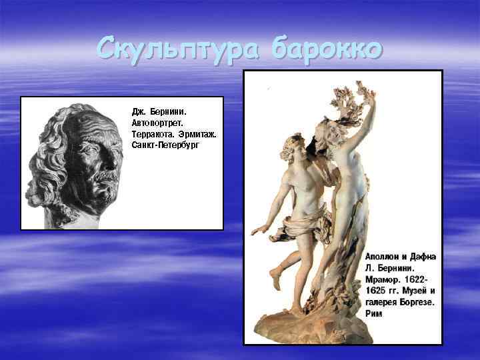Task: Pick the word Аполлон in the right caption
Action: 384,257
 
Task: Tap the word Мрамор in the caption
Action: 383,279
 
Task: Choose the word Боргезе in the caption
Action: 414,302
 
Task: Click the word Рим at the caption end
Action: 374,313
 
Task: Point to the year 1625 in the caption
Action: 377,291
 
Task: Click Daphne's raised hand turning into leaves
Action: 363,93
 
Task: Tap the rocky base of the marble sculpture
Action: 320,327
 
